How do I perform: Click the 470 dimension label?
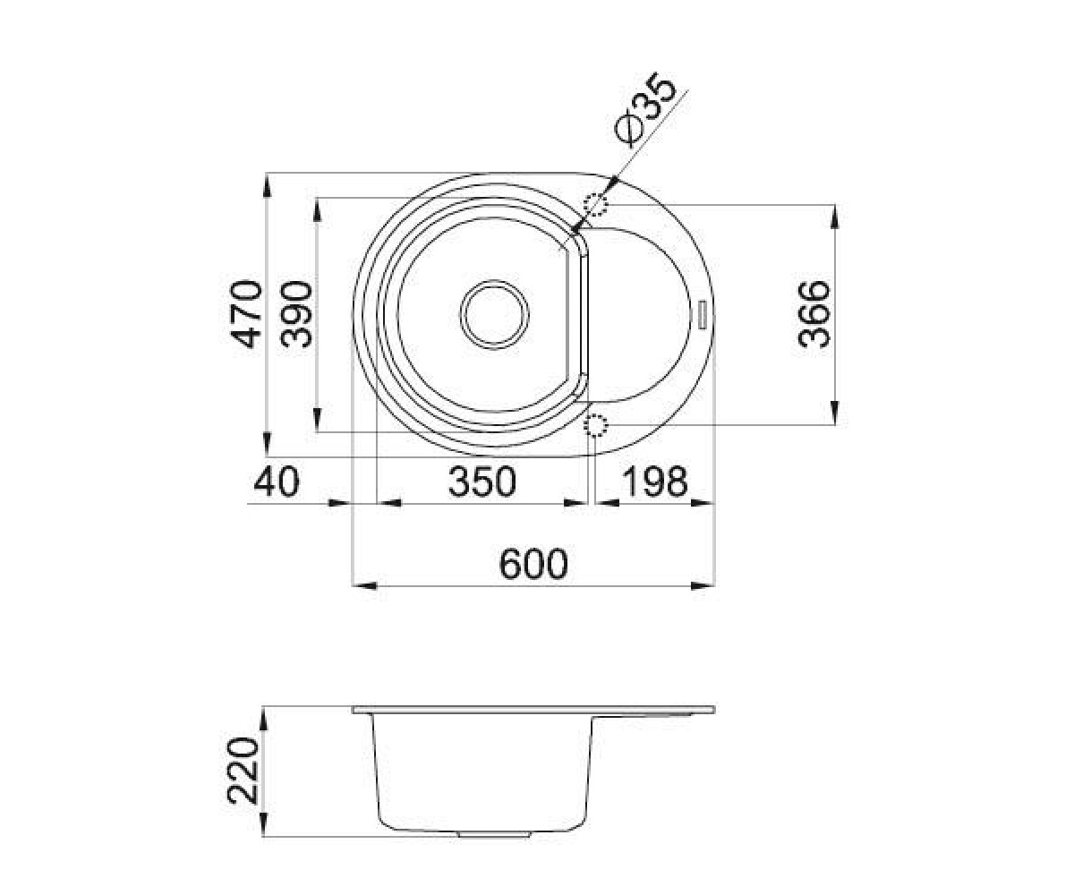click(x=246, y=314)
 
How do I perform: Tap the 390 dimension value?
click(x=296, y=314)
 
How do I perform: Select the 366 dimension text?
click(x=814, y=314)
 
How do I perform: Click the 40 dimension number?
click(x=277, y=482)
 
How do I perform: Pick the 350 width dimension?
click(x=482, y=482)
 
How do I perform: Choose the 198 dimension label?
click(x=654, y=482)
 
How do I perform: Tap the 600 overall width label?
click(x=533, y=564)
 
